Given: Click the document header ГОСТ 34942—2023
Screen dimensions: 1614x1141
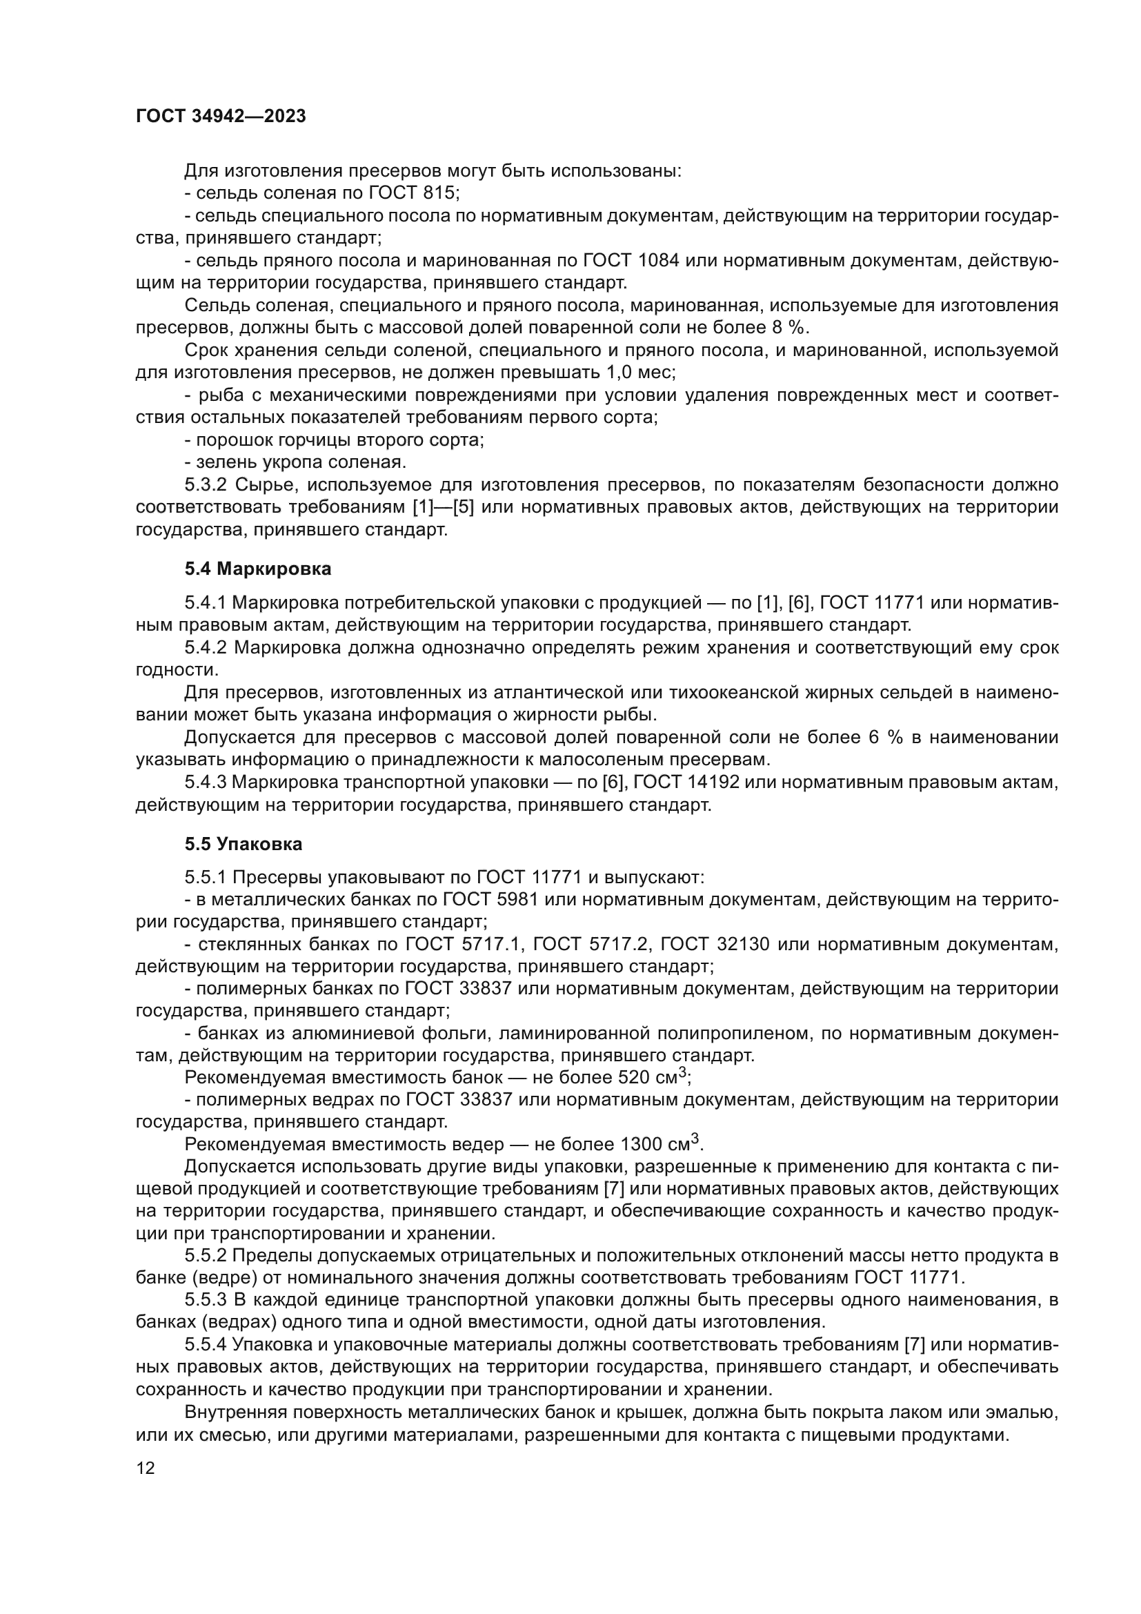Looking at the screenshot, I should click(221, 117).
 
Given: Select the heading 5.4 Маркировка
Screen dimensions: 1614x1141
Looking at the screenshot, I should click(258, 569).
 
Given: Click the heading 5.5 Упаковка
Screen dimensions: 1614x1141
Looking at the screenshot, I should click(243, 843).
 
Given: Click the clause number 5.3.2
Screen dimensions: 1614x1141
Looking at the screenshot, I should click(206, 485).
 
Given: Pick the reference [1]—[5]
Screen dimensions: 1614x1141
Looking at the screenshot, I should click(444, 508).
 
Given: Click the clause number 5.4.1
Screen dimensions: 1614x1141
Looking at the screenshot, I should click(206, 603).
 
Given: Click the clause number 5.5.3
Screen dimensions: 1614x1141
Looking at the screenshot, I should click(206, 1301).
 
